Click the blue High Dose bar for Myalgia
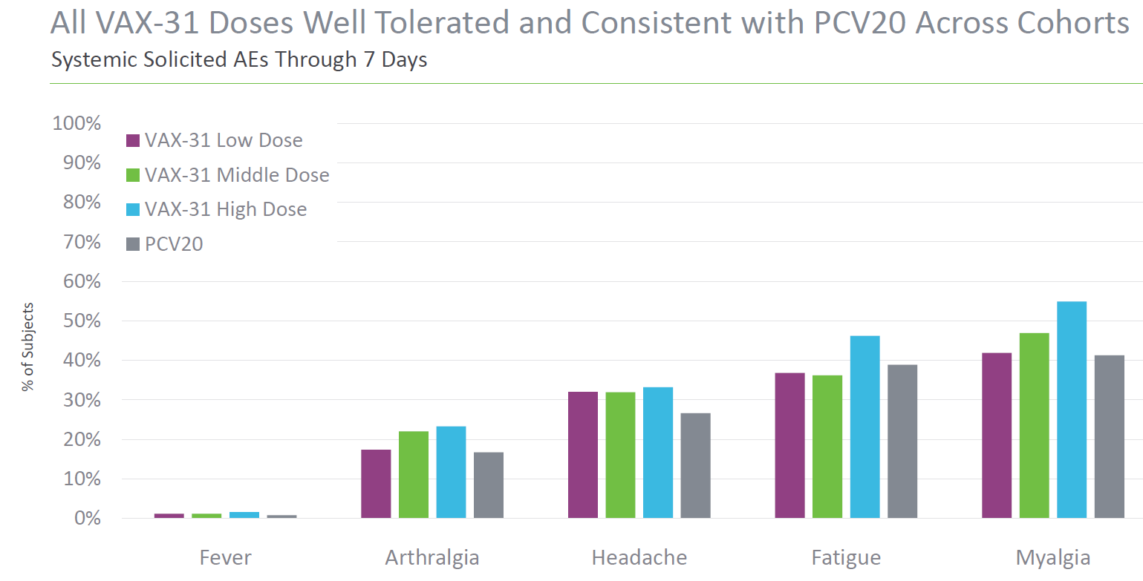[x=1071, y=410]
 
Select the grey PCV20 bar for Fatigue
[x=902, y=442]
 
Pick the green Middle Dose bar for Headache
[x=620, y=455]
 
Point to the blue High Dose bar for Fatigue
[x=864, y=427]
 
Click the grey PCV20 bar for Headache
[x=695, y=465]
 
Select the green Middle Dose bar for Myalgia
[x=1034, y=425]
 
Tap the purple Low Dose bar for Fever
[x=169, y=516]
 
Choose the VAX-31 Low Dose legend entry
[x=215, y=140]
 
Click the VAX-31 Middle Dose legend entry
[x=228, y=175]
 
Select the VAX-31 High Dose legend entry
[x=217, y=209]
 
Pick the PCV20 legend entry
[x=165, y=243]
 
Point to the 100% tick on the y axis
[x=76, y=123]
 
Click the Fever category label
[x=225, y=558]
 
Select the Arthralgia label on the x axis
[x=432, y=558]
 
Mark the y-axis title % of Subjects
[x=28, y=347]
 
